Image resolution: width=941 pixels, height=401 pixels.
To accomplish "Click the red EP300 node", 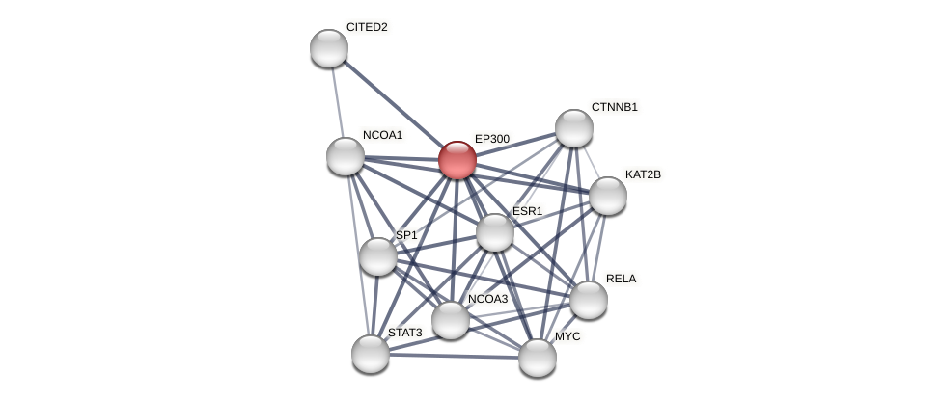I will coord(457,160).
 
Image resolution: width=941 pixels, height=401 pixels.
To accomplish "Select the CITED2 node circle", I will coord(329,48).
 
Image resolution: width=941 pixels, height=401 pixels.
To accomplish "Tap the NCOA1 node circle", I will coord(346,156).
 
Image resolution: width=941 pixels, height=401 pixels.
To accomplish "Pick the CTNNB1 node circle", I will coord(574,128).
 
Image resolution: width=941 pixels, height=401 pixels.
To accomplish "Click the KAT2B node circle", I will coord(608,196).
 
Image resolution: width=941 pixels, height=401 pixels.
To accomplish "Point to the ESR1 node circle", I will coord(495,232).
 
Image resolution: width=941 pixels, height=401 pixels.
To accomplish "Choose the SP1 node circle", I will coord(378,256).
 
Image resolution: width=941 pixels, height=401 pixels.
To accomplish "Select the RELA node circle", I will coord(589,300).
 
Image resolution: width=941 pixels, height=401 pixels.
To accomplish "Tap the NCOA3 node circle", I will coord(451,320).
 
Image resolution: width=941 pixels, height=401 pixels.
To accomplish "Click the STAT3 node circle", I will coord(371,354).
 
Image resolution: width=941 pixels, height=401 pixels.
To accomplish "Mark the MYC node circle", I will coord(538,358).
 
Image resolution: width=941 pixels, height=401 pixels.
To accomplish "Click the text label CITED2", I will coord(367,27).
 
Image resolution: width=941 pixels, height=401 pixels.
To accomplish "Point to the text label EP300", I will coord(492,139).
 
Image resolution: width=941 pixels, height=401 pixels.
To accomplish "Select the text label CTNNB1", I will coord(614,107).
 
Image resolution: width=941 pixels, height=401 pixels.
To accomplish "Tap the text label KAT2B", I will coord(643,174).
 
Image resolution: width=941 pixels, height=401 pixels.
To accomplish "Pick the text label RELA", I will coord(622,279).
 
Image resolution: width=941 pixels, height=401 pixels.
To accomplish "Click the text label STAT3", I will coord(405,333).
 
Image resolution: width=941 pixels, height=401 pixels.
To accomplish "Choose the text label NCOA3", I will coord(487,299).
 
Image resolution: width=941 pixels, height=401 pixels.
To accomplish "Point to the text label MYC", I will coord(567,336).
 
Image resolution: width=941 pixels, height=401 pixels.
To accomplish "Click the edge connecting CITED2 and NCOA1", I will coord(337,102).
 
